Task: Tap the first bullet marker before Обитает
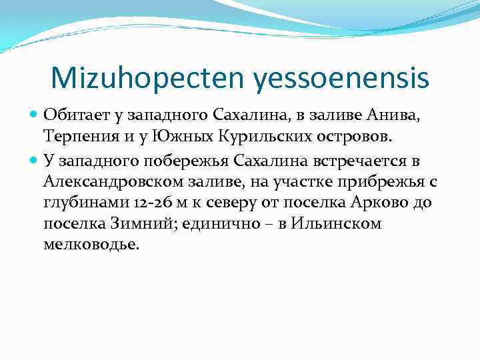(x=35, y=115)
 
